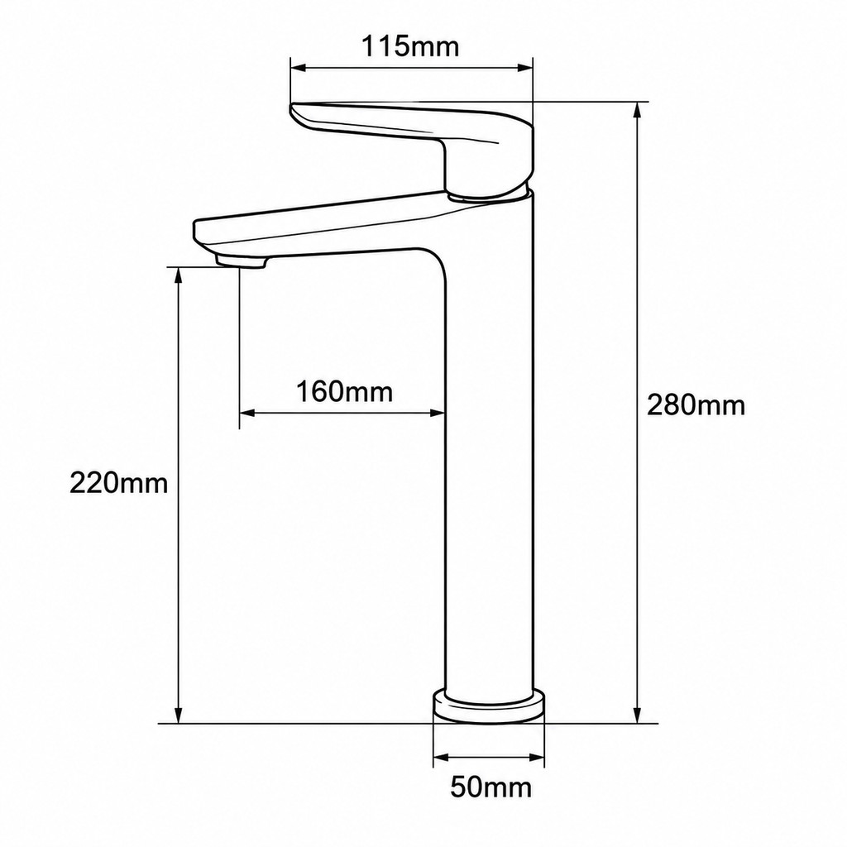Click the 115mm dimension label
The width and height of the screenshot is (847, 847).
[410, 46]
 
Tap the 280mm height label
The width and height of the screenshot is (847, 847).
[696, 404]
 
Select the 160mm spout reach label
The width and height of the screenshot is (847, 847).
[344, 391]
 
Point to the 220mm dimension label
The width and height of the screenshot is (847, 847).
[119, 482]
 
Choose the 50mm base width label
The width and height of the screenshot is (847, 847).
[491, 787]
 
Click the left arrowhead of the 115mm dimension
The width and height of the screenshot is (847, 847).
[298, 68]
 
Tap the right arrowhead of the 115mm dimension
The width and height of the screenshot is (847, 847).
[525, 68]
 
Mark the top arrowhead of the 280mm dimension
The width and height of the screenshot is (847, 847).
[638, 110]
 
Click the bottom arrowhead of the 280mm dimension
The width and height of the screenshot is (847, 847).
[638, 715]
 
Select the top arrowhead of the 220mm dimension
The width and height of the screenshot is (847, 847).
[178, 275]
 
